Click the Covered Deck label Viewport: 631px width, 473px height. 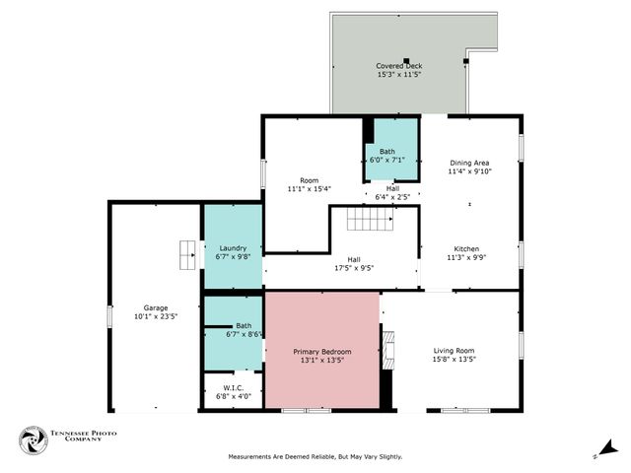coord(398,66)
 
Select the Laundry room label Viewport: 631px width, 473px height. coord(233,248)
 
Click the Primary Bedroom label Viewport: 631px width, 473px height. coord(321,352)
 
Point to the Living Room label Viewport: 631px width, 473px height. coord(454,352)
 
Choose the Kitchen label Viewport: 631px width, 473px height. coord(466,248)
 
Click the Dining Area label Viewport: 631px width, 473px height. coord(469,163)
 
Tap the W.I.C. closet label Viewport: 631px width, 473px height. coord(233,388)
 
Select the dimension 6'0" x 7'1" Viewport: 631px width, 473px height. coord(386,160)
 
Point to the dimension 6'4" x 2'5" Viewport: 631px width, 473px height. coord(392,197)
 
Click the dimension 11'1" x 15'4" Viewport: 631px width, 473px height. coord(309,188)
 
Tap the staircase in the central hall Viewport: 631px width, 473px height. coord(370,219)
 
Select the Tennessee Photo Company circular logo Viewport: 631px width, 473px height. coord(33,439)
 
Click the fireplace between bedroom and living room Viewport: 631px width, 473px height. coord(387,350)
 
